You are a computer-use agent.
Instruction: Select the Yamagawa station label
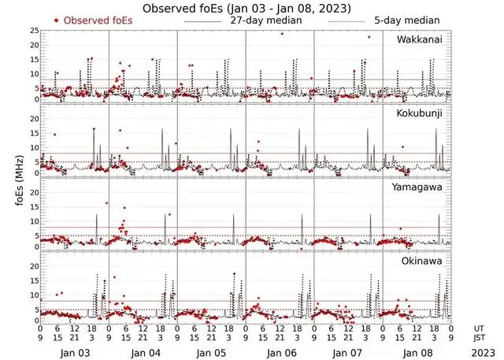pyautogui.click(x=421, y=187)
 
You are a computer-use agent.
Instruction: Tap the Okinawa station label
pyautogui.click(x=424, y=259)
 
